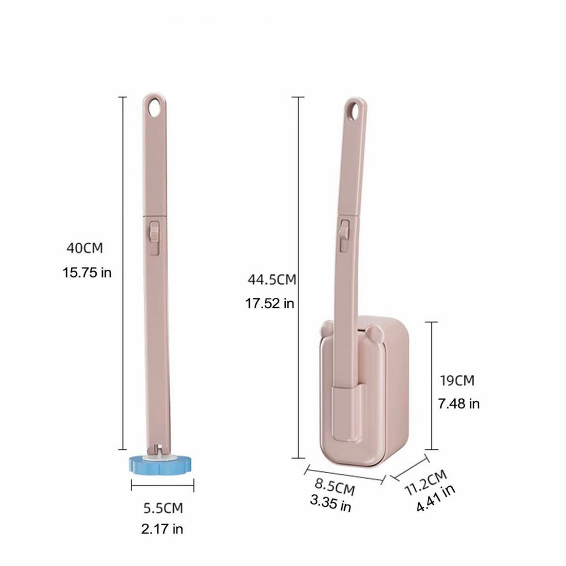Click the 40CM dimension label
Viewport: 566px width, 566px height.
point(85,248)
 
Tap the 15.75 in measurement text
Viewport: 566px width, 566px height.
point(87,272)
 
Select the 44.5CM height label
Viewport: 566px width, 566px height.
point(272,280)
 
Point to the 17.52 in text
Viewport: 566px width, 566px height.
point(270,303)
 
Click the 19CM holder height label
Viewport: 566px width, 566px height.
point(457,380)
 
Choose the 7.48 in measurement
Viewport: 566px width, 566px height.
point(459,403)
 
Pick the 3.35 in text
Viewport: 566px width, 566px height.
point(331,503)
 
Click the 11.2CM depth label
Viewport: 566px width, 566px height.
point(426,483)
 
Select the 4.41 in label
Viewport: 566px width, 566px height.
point(436,499)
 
